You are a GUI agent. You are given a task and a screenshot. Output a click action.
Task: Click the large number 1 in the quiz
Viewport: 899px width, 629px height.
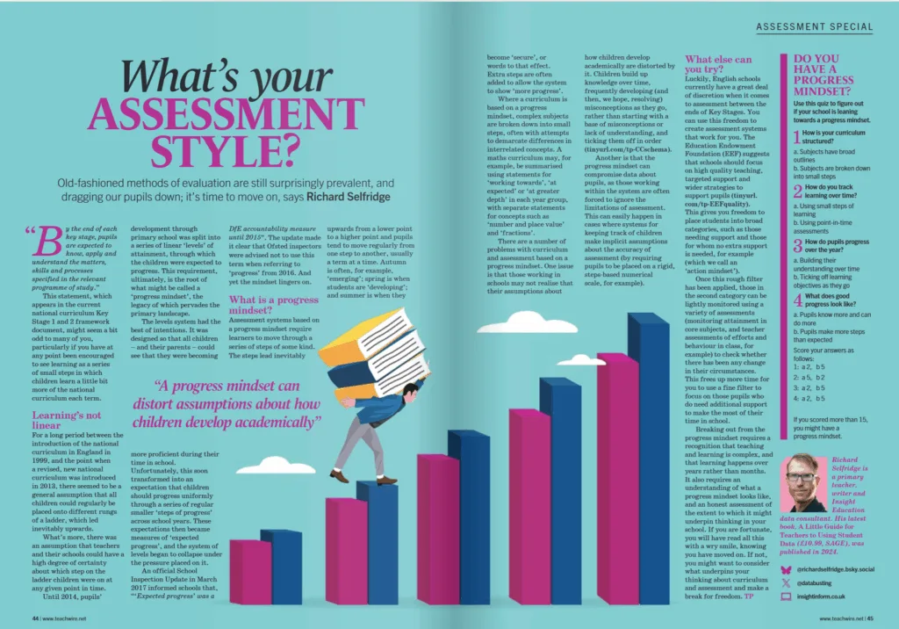point(796,137)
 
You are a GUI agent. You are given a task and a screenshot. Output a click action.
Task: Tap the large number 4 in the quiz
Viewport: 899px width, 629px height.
point(797,301)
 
